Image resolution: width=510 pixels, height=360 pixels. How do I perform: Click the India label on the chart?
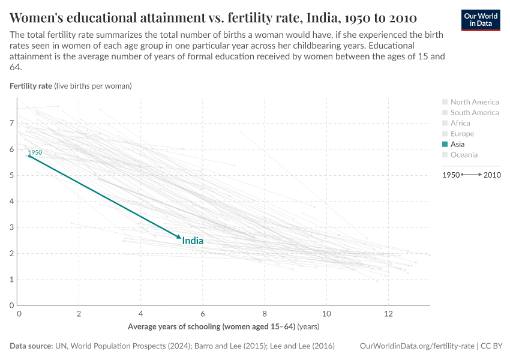tap(193, 241)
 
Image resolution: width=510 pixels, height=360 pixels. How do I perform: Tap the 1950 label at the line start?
tap(35, 152)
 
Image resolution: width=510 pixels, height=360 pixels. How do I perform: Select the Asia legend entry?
tap(457, 144)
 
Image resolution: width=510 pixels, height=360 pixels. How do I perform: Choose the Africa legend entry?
tap(460, 123)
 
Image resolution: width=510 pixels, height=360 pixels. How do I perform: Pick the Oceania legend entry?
tap(464, 155)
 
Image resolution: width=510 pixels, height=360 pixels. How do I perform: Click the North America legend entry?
tap(474, 102)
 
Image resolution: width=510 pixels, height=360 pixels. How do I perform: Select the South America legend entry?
tap(474, 112)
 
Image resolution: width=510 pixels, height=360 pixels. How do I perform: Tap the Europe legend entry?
tap(462, 134)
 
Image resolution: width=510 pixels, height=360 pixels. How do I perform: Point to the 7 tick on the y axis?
tap(11, 123)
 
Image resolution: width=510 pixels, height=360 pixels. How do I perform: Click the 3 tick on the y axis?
tap(11, 227)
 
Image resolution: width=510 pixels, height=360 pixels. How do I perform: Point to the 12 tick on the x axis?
tap(388, 314)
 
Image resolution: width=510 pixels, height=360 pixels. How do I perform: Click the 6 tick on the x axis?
tap(203, 314)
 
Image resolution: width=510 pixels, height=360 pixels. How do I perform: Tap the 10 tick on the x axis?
tap(326, 314)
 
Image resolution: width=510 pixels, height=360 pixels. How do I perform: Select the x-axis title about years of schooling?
tap(223, 327)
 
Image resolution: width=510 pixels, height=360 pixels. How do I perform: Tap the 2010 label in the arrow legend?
tap(492, 175)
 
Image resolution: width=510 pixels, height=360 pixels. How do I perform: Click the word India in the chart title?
tap(317, 16)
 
